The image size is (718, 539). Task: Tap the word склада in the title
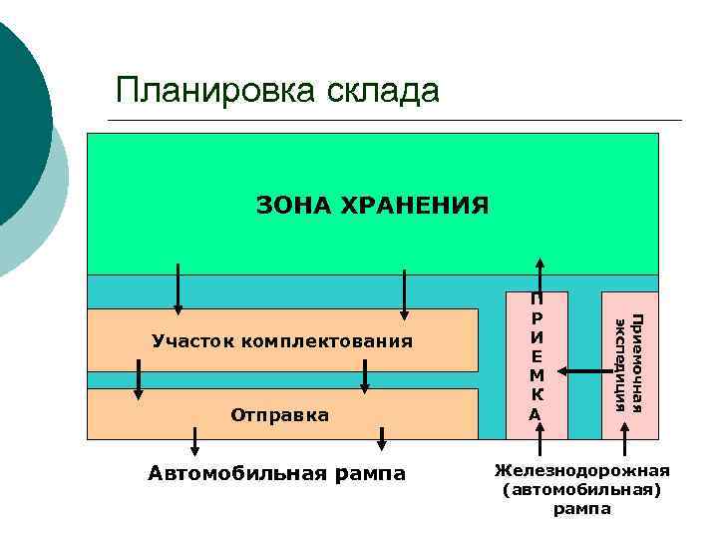(381, 90)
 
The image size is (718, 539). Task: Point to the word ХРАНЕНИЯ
(415, 206)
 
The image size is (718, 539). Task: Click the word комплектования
(326, 342)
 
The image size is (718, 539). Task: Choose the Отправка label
(280, 413)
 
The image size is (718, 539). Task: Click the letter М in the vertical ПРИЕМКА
(537, 374)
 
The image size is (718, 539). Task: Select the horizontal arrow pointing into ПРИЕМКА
(581, 371)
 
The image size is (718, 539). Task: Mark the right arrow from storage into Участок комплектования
(404, 294)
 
